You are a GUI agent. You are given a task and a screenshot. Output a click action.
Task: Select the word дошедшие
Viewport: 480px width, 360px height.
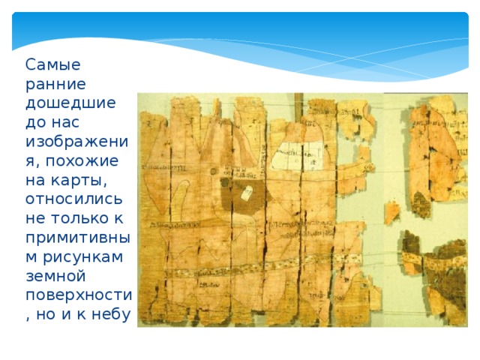point(70,103)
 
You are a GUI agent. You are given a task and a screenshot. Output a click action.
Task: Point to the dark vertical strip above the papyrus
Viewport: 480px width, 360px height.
point(298,105)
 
